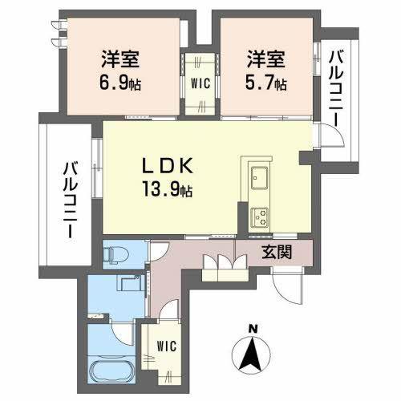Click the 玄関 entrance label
(275, 252)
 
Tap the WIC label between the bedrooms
(200, 81)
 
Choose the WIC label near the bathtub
(167, 346)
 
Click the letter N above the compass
(252, 328)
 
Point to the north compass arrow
(252, 354)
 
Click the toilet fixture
(115, 251)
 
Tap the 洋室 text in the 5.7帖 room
(265, 59)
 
